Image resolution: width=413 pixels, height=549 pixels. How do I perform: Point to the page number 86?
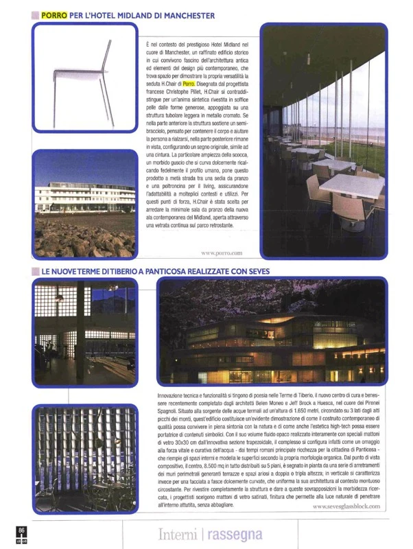[x=22, y=530]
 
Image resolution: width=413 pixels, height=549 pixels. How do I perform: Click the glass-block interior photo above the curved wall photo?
[x=84, y=331]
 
